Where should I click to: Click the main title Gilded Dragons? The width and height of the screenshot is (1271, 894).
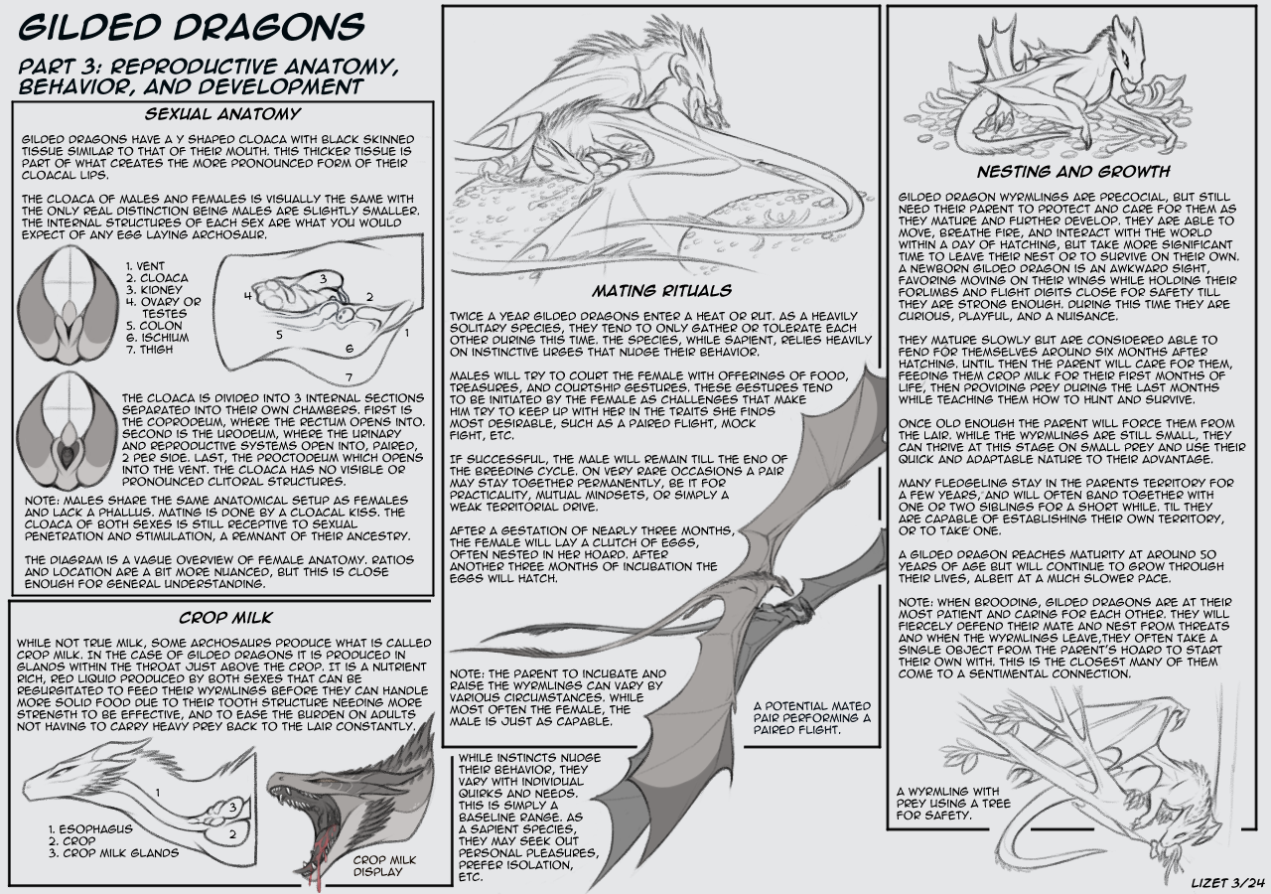(x=192, y=27)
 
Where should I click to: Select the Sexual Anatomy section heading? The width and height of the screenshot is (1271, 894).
(x=222, y=114)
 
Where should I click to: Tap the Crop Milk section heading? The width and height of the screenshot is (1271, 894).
(x=225, y=618)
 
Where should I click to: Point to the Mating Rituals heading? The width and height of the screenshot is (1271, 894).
(x=662, y=291)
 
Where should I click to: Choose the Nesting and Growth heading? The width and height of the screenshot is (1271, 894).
(x=1073, y=172)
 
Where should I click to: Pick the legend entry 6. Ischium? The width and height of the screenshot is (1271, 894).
(x=157, y=338)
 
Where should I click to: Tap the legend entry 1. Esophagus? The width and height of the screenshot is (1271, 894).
(x=90, y=829)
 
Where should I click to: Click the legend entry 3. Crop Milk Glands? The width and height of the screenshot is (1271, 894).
(x=113, y=853)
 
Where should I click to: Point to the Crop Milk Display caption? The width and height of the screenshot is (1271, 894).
(x=384, y=865)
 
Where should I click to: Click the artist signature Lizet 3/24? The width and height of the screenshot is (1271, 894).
(x=1228, y=883)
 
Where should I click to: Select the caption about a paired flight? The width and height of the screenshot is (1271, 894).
(x=812, y=718)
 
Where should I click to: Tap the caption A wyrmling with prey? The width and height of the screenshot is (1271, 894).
(x=953, y=804)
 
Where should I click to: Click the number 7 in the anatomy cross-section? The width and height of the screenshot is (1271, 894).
(x=349, y=376)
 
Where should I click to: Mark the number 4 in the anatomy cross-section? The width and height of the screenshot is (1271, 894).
(x=248, y=296)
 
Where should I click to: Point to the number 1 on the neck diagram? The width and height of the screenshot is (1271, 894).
(x=158, y=793)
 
